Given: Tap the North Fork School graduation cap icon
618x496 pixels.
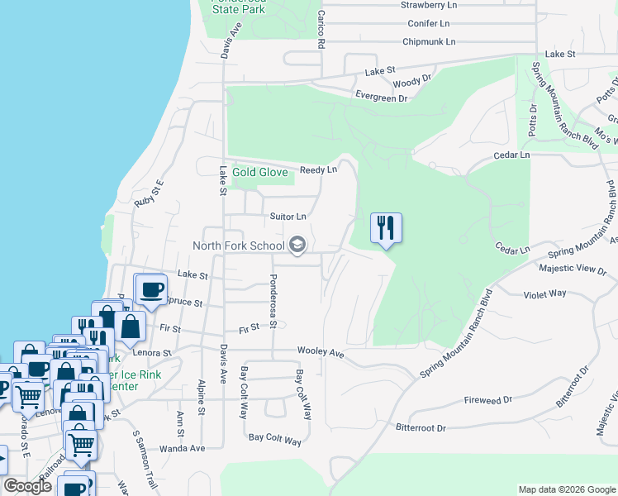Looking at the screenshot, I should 297,245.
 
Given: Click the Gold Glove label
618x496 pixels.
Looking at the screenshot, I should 260,173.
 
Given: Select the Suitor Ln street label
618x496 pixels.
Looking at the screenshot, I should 288,217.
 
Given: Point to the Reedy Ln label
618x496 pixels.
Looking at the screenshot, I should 319,169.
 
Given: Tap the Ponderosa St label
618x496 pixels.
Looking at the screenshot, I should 273,302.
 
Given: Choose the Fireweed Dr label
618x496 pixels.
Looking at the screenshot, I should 488,399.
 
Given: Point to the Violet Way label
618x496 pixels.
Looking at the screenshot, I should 545,293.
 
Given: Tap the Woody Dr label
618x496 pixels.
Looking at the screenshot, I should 412,81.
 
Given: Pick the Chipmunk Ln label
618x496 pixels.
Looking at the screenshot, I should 429,41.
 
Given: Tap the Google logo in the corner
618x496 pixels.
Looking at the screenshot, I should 27,486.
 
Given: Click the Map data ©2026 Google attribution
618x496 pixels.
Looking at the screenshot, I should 566,489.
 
